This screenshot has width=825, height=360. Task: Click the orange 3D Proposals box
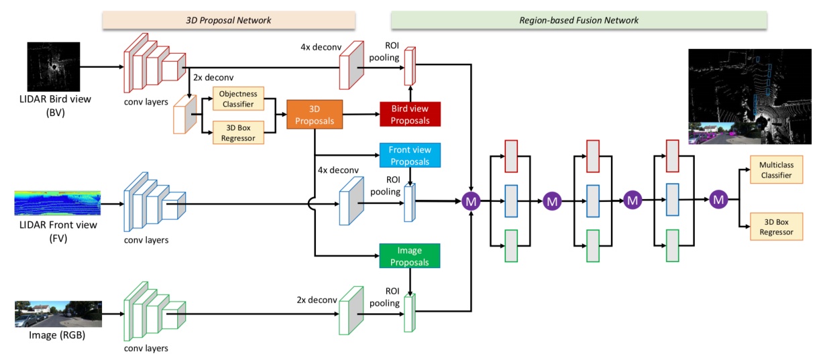(x=315, y=114)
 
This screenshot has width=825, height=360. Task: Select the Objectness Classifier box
(x=238, y=99)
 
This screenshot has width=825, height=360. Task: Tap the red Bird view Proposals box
(x=409, y=114)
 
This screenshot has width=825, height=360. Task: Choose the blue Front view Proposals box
(x=409, y=156)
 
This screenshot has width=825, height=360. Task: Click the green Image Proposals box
(x=409, y=255)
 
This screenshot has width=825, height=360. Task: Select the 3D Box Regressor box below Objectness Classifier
(x=238, y=132)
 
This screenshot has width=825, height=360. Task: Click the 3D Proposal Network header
(x=228, y=20)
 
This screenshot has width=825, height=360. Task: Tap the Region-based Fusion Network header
(x=579, y=20)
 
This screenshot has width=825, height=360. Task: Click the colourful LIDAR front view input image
(x=58, y=202)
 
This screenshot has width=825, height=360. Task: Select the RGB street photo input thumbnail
(x=58, y=314)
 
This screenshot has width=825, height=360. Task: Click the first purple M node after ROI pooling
(x=471, y=200)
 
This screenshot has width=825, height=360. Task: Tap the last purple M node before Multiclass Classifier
(x=718, y=200)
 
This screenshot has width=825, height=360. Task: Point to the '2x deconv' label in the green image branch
(x=317, y=300)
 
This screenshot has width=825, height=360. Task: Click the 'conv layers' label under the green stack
(x=147, y=348)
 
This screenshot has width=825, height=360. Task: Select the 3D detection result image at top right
(x=753, y=98)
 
